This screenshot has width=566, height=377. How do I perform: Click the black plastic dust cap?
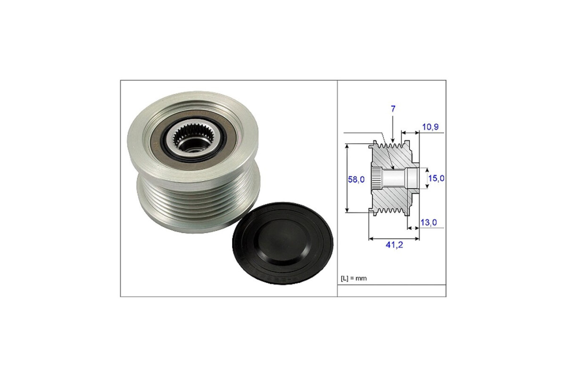283,243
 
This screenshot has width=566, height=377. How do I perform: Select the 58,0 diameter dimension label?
356,179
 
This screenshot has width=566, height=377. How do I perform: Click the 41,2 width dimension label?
394,245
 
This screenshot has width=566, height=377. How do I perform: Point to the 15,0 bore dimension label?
436,178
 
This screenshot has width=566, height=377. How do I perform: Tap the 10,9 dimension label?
430,127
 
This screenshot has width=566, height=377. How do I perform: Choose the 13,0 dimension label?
429,222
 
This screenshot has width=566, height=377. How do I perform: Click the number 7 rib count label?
393,109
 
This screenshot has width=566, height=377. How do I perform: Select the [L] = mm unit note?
354,278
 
